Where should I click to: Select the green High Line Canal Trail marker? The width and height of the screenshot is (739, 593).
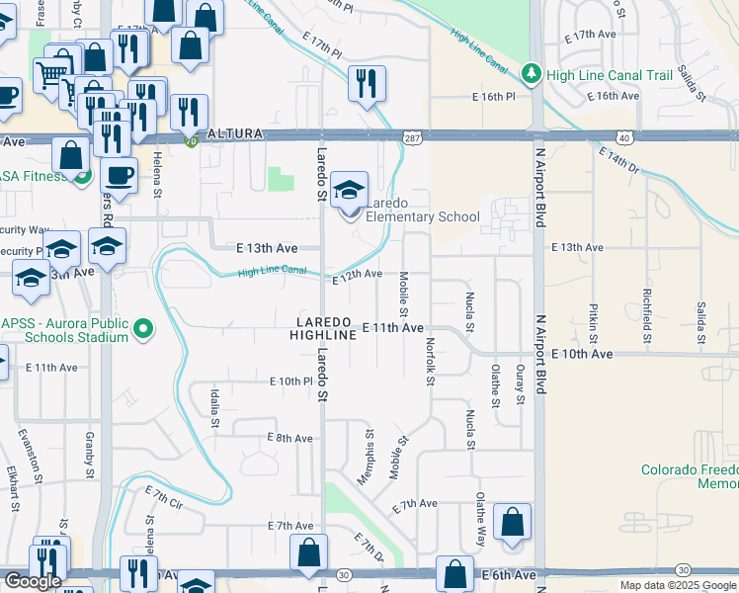point(532,74)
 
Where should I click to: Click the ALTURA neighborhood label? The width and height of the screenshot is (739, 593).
point(235,133)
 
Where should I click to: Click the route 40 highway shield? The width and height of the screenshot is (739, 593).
point(623,137)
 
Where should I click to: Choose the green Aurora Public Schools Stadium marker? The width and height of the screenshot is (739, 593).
point(143,328)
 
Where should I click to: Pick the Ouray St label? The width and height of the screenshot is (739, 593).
point(520,383)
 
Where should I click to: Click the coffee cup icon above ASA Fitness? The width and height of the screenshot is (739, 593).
point(120,176)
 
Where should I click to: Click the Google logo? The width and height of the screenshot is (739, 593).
point(33,581)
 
